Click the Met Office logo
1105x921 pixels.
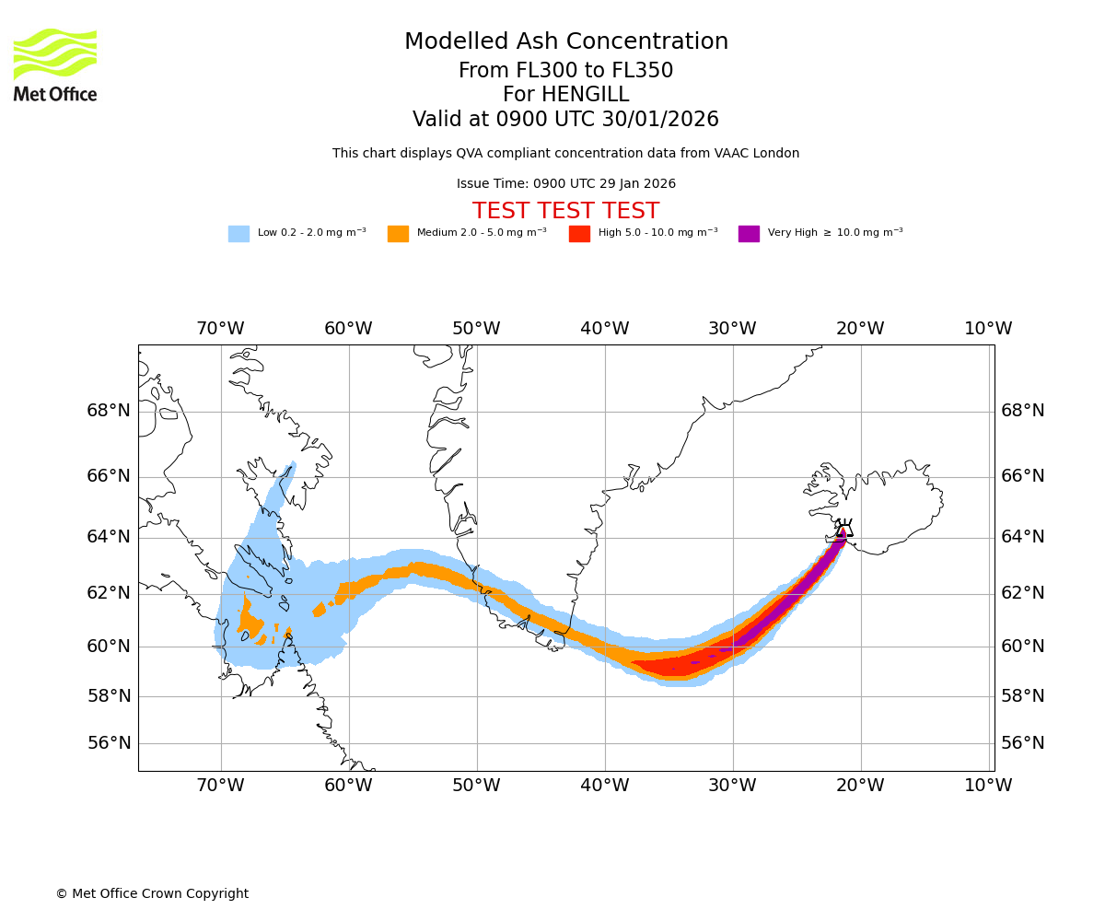point(55,64)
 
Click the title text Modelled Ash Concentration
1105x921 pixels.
point(565,42)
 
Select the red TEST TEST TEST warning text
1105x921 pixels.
point(565,211)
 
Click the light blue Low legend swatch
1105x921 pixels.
point(238,234)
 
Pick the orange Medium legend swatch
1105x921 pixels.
point(398,234)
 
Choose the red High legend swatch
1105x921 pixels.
point(579,234)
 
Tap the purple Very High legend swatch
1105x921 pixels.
point(749,234)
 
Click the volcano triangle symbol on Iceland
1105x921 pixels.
point(843,530)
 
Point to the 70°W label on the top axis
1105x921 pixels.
point(220,329)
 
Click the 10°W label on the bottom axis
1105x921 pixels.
point(988,786)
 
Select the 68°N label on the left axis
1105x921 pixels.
point(109,411)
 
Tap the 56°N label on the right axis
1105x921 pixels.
point(1023,743)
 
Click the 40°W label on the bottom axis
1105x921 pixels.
point(605,786)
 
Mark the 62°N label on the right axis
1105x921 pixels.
point(1023,593)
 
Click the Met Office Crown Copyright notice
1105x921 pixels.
point(152,894)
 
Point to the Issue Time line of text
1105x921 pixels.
point(565,184)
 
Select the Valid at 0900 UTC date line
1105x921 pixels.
point(565,120)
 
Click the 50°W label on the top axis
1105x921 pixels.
point(476,329)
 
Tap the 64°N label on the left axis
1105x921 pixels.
point(109,537)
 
